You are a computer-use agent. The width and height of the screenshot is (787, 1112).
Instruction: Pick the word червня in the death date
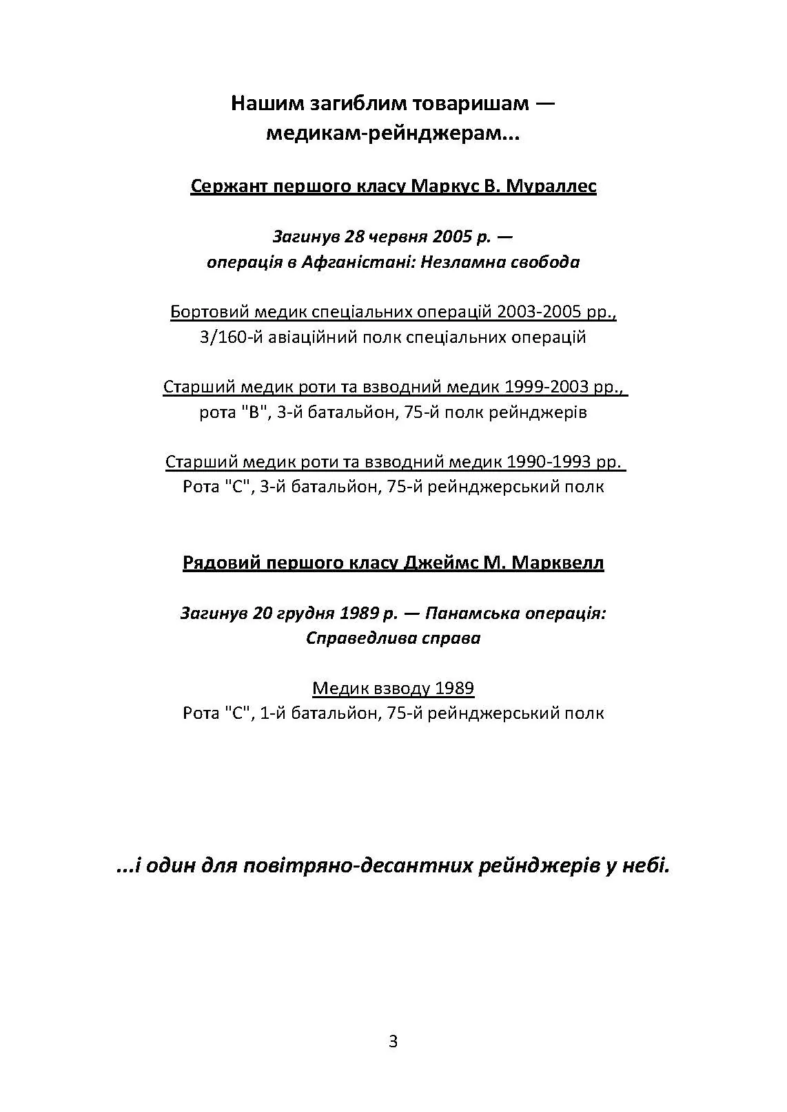tap(396, 237)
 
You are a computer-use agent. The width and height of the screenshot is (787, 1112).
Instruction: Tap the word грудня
tap(303, 613)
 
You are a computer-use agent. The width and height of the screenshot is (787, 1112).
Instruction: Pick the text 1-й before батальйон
tap(273, 713)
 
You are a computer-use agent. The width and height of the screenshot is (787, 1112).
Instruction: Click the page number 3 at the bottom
tap(393, 1042)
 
